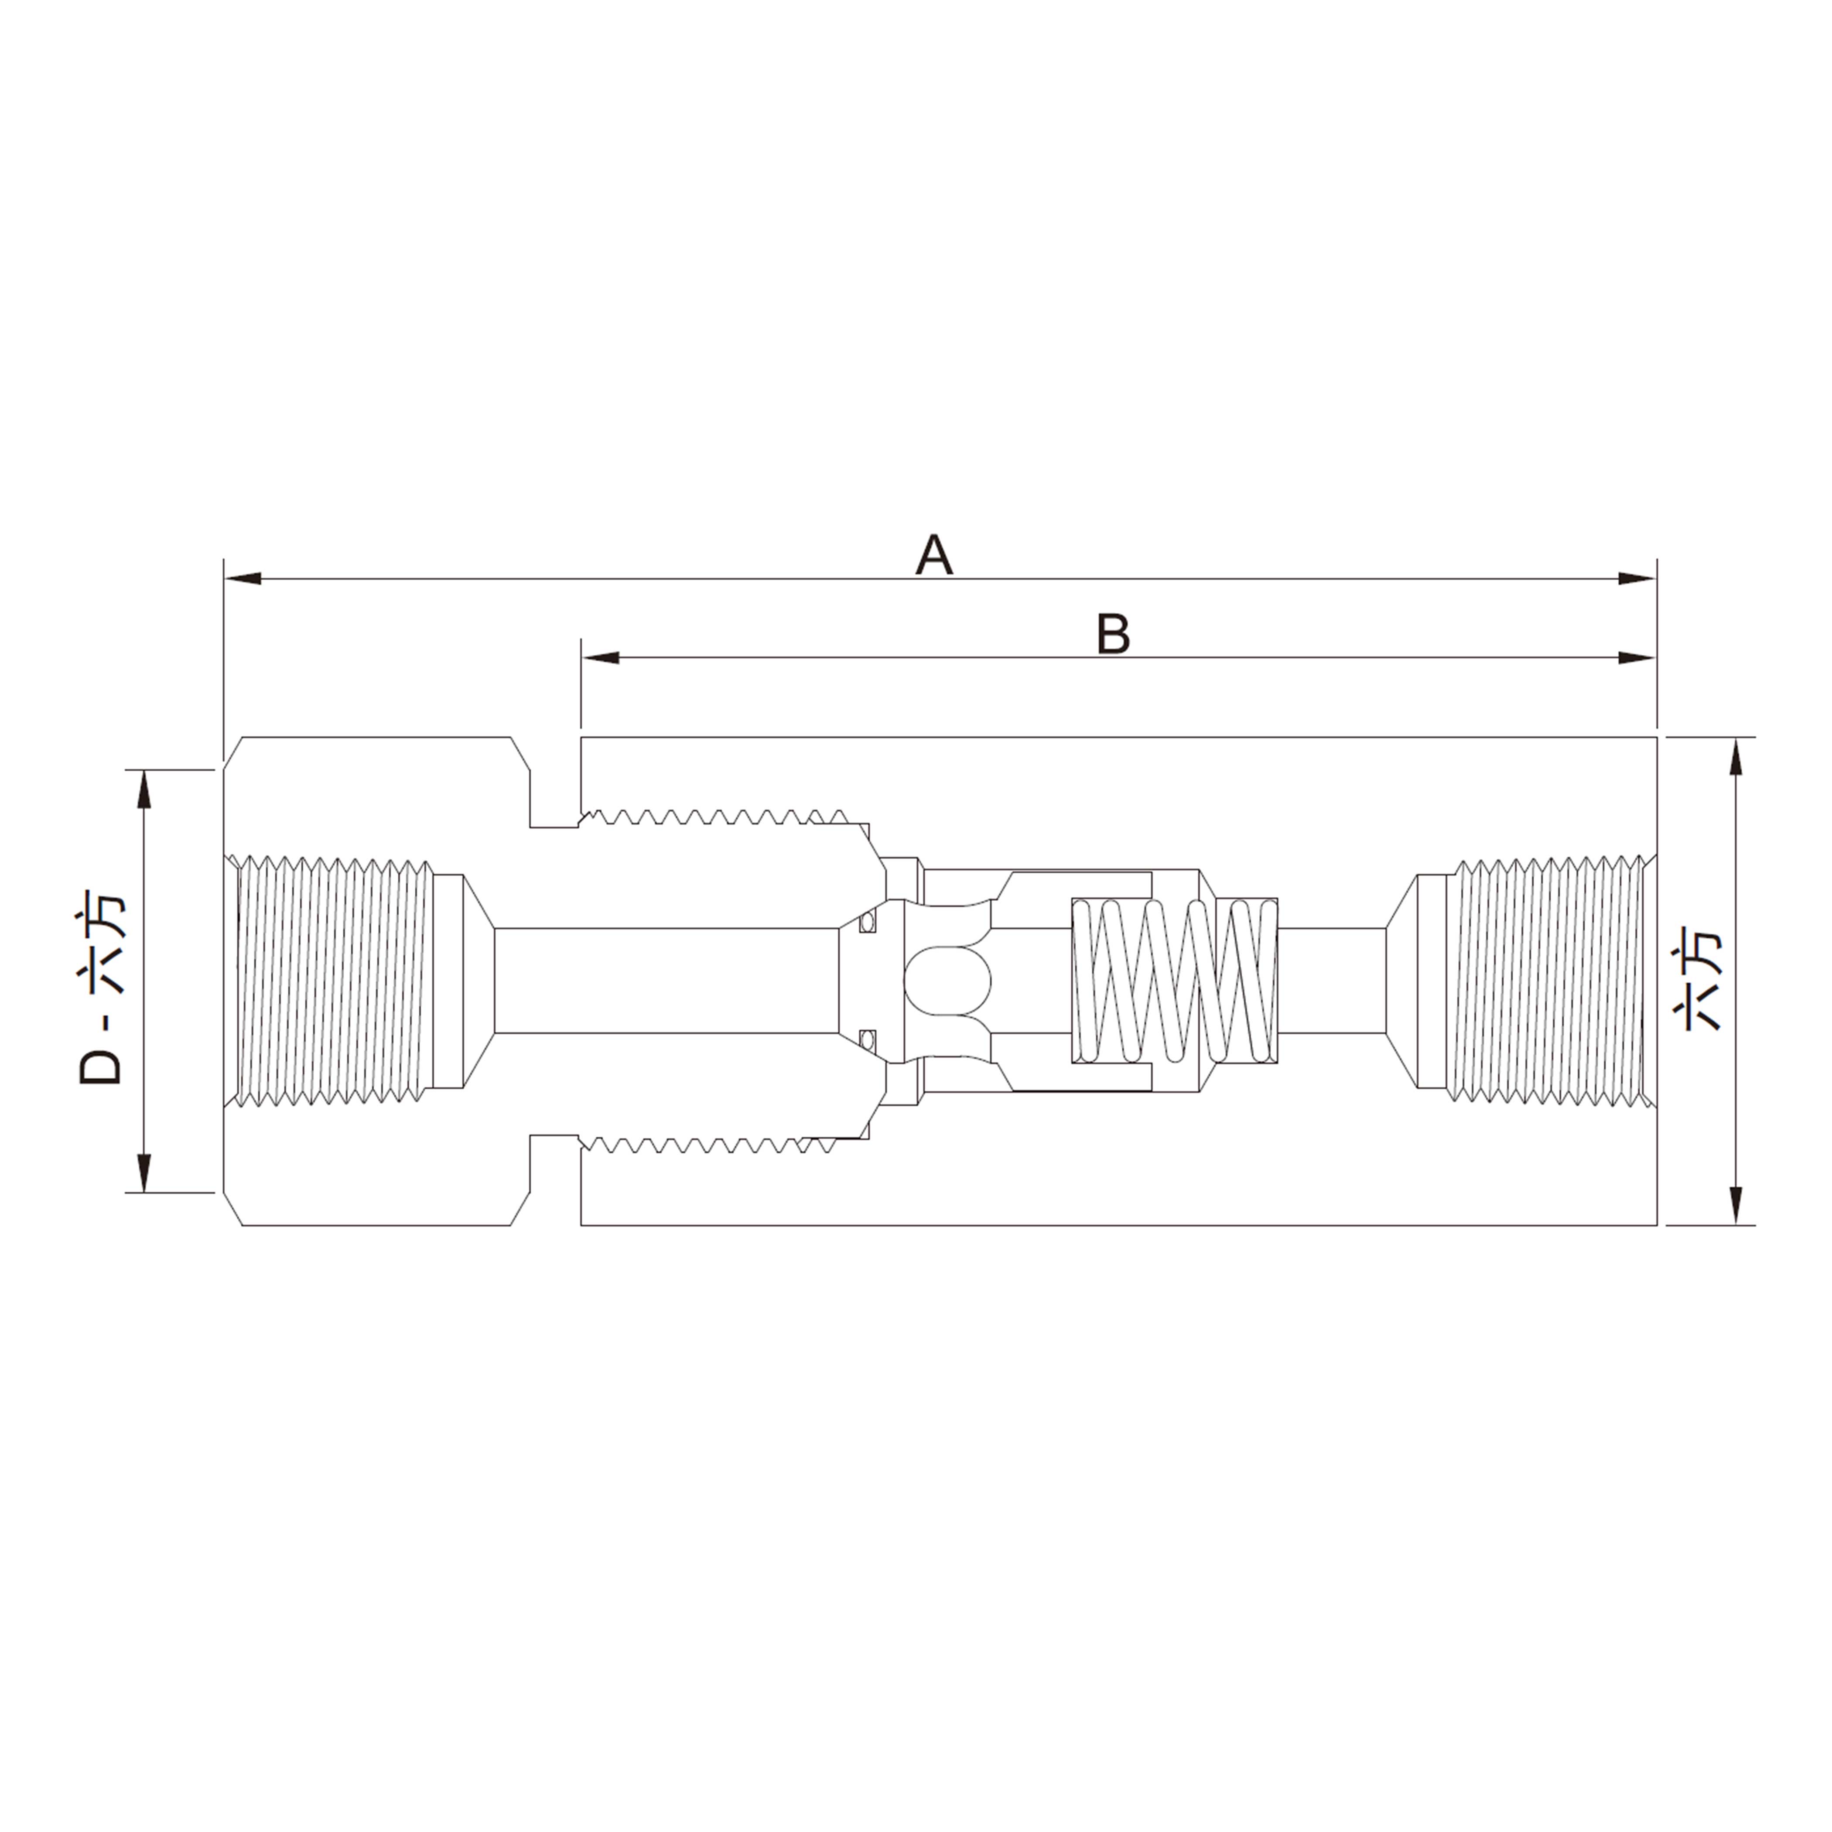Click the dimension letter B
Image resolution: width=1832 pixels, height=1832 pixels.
point(1113,634)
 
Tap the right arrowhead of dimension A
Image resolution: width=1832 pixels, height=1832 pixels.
point(1637,578)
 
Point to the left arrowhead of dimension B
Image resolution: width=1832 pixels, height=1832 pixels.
point(600,657)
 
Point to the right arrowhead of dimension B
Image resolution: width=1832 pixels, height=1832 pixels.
point(1637,657)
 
